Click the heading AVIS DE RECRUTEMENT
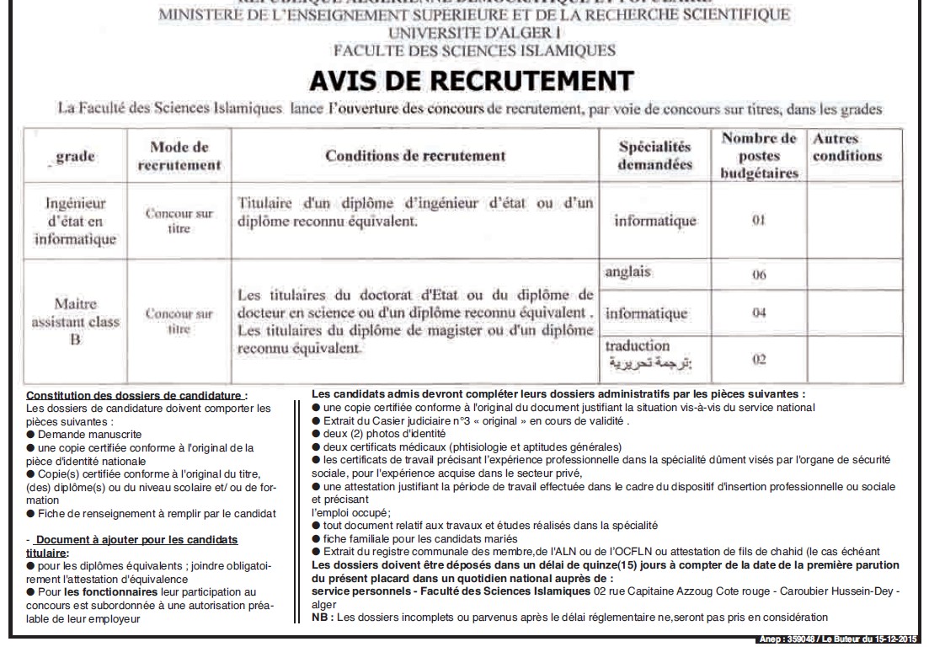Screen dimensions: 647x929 tap(471, 81)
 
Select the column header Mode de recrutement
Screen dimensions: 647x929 tap(179, 156)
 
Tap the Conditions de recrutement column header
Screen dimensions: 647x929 tap(415, 156)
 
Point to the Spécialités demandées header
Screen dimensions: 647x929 tap(654, 155)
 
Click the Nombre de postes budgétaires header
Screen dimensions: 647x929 tap(759, 156)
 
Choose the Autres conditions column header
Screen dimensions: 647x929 tap(846, 147)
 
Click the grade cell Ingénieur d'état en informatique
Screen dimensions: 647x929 tap(76, 222)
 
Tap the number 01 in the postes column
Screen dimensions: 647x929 tap(759, 221)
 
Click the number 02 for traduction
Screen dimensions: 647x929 tap(759, 360)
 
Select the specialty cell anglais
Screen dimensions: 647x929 tap(628, 272)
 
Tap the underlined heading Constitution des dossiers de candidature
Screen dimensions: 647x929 tap(137, 396)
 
